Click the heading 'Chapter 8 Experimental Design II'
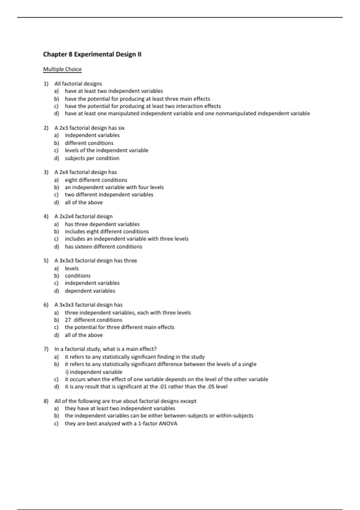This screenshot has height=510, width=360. coord(92,55)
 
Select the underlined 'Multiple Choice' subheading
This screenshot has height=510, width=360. coord(62,69)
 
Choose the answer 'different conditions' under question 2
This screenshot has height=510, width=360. coord(89,143)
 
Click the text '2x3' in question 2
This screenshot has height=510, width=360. coord(64,128)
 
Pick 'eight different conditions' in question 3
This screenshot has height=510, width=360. coord(96,180)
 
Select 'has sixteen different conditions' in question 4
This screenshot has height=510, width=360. coord(103,247)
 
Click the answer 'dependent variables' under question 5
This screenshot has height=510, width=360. coord(90,291)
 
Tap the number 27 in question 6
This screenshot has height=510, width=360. coord(68,320)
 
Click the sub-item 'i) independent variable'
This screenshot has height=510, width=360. coord(94,372)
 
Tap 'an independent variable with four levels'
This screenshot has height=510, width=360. coord(114,187)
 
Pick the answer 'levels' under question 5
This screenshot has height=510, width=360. coord(72,268)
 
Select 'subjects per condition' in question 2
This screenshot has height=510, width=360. coord(92,158)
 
